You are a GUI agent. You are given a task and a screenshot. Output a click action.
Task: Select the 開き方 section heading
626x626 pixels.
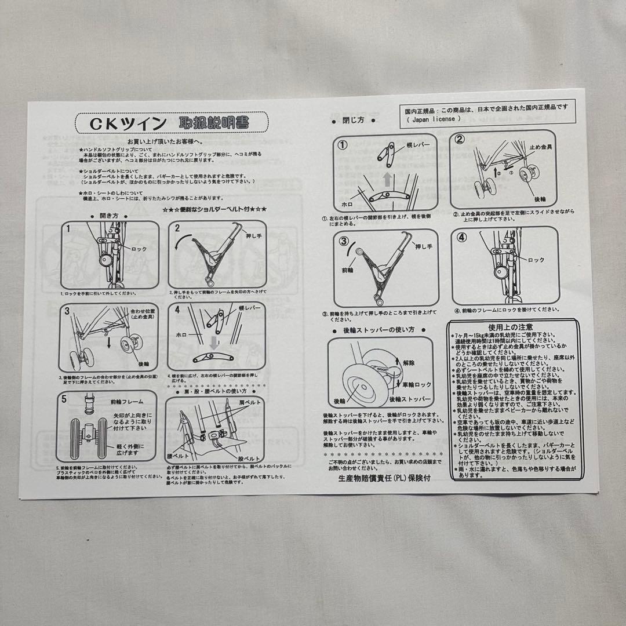coord(110,215)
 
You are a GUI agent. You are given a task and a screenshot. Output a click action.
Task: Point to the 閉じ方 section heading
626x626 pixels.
coord(354,121)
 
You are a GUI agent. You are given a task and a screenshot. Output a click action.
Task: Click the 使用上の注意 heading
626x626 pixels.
coord(511,327)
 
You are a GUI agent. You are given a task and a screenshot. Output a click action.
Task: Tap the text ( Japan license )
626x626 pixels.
coord(434,119)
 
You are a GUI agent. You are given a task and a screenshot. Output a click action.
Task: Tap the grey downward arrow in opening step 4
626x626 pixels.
coord(214,344)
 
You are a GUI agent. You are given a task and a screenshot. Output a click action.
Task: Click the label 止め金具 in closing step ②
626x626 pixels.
coord(540,147)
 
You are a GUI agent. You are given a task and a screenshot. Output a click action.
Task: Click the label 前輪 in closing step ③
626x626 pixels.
coord(347,270)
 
